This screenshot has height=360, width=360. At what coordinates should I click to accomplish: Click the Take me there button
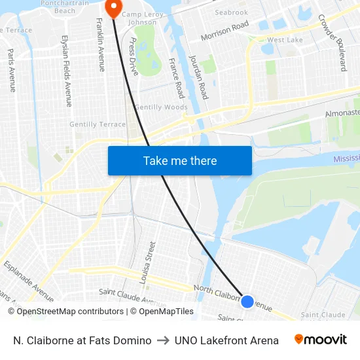180,160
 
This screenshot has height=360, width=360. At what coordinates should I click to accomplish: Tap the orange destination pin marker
113,9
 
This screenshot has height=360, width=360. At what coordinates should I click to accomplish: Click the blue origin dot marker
247,301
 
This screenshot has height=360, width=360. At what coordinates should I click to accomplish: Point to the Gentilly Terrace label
97,124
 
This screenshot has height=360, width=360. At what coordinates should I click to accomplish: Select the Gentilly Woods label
161,107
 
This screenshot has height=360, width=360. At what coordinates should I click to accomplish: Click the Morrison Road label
225,31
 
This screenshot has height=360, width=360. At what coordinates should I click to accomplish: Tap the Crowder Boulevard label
332,43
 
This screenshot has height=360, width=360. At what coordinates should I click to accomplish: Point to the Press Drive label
134,56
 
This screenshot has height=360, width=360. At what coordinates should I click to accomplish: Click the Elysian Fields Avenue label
66,71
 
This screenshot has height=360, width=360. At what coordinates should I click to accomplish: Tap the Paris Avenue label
12,69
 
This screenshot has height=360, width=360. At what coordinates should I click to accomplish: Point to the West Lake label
285,40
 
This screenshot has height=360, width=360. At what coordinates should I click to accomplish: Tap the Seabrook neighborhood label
231,12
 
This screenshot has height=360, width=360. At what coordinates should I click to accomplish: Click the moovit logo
321,340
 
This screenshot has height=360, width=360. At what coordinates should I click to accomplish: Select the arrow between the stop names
163,340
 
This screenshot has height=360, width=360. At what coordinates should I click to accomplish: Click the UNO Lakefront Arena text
226,340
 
